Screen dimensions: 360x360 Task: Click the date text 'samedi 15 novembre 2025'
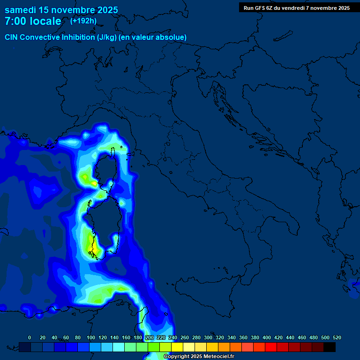pos(61,10)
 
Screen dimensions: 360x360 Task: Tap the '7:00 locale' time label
pos(33,21)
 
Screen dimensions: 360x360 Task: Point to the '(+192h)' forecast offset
pos(84,21)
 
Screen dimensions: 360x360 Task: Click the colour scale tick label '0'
pos(30,337)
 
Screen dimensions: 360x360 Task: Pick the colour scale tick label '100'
pos(91,337)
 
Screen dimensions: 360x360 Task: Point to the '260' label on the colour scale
pos(184,337)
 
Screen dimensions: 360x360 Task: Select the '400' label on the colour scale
pos(267,337)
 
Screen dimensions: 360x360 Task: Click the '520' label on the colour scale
pos(337,337)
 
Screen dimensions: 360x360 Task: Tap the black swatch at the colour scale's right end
pos(330,347)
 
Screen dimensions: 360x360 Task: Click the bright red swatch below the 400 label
pos(271,347)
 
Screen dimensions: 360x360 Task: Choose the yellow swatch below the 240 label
pos(177,347)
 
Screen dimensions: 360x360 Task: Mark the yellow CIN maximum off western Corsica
pos(86,178)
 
